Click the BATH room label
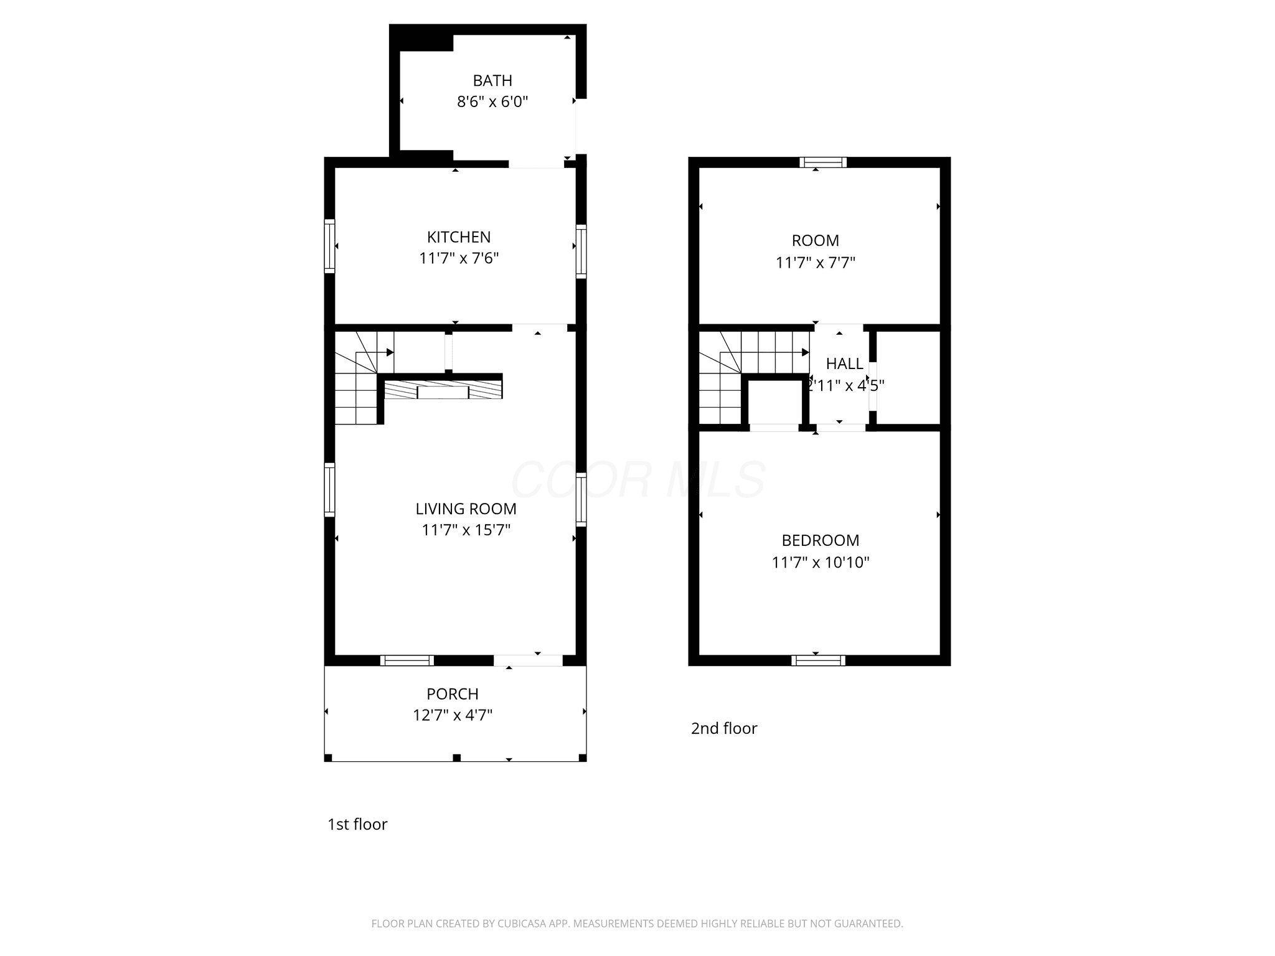[x=492, y=80]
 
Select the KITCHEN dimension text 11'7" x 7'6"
[x=459, y=258]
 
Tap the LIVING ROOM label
[x=466, y=508]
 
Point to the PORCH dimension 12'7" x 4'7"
[x=453, y=715]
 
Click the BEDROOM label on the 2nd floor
[x=821, y=540]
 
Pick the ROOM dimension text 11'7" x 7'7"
[x=816, y=263]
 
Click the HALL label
[x=845, y=363]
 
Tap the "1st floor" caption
[x=357, y=824]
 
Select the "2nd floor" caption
[x=724, y=728]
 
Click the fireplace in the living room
[x=443, y=390]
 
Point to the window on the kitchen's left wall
[x=330, y=246]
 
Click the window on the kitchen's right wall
[x=581, y=251]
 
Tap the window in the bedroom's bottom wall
[x=819, y=660]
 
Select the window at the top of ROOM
[x=823, y=162]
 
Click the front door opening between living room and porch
[x=529, y=660]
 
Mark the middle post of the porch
[x=456, y=757]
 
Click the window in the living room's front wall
[x=407, y=660]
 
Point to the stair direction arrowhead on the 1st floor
[x=390, y=352]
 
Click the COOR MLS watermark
[x=638, y=479]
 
